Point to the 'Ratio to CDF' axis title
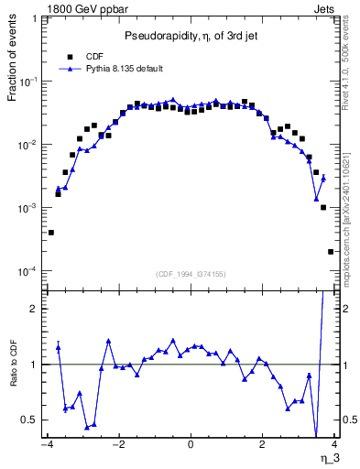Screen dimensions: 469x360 coord(13,376)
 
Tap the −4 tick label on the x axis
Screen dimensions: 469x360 coord(46,446)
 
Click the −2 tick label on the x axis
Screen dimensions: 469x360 coord(117,446)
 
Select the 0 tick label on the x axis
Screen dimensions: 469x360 coord(191,446)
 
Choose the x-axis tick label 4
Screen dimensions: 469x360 coord(335,446)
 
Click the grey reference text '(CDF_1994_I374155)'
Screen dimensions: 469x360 coord(190,275)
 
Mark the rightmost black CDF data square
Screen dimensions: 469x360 coord(331,252)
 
